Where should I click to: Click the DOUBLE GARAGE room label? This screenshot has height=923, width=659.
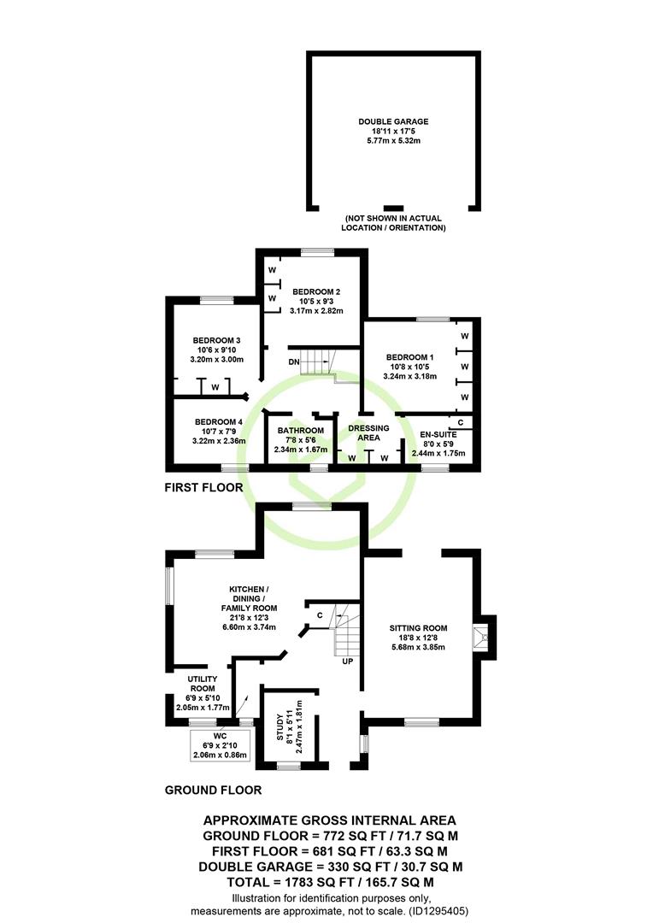pos(393,122)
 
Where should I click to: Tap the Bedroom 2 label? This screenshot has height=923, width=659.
pos(316,292)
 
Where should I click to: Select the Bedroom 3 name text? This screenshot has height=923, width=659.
pos(217,341)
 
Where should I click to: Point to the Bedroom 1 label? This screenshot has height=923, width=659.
pos(410,357)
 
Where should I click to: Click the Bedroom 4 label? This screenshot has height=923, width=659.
pos(219,422)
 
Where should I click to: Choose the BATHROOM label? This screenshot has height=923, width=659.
pos(301,431)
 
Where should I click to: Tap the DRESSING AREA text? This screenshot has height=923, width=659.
pos(368,432)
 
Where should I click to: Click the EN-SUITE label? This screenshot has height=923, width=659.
pos(438,434)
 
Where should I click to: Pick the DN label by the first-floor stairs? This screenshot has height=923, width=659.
pos(294,362)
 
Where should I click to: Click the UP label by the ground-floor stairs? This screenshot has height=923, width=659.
pos(348,661)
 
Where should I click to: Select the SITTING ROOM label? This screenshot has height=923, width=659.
pos(418,628)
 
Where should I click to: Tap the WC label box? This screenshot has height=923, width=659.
pos(221,745)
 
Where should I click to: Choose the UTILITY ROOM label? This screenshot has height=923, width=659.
pos(203,684)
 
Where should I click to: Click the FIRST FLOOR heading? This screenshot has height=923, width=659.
pos(203,487)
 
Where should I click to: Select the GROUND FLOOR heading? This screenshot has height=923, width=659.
pos(213,790)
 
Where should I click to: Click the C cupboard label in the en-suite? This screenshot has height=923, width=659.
pos(461,423)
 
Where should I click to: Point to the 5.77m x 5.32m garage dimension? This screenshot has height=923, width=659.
pos(393,141)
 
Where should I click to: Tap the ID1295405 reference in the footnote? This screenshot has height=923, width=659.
pos(438,911)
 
